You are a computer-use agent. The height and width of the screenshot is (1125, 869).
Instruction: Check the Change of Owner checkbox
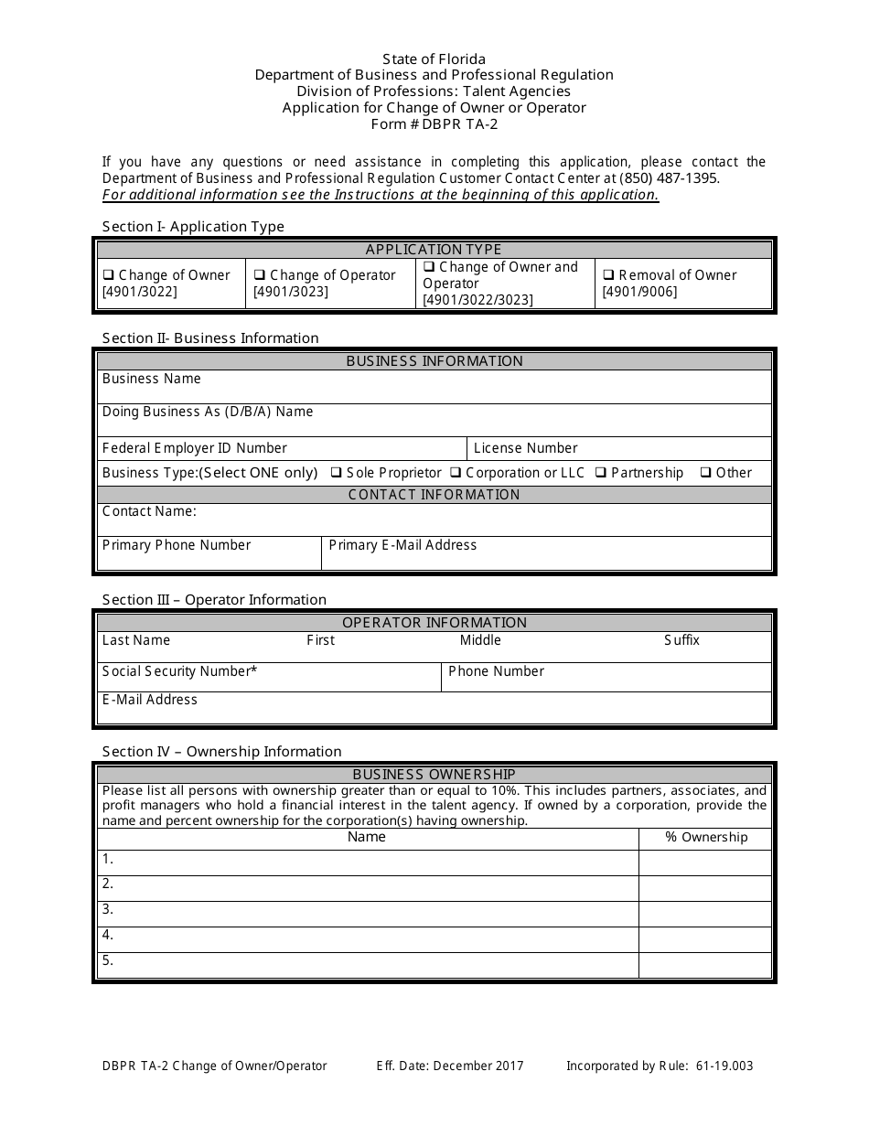coord(108,275)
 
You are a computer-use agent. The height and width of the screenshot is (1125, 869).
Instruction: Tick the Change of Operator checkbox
coord(259,275)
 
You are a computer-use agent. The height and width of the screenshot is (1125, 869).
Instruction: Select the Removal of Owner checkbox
coord(607,275)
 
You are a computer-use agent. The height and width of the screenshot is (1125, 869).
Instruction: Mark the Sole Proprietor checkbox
coord(336,473)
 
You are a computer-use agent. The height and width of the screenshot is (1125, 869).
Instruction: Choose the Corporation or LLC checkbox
coord(455,473)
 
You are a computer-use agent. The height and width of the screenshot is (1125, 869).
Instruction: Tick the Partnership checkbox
coord(600,473)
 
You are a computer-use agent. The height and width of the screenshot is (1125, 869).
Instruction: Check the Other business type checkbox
coord(705,473)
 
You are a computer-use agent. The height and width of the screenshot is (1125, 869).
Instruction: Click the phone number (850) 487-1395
coord(670,178)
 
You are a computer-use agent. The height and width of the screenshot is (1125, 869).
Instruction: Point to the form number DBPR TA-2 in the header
coord(434,124)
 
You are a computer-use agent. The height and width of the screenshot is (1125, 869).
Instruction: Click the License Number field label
coord(525,448)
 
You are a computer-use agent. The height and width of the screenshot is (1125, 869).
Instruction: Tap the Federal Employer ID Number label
coord(194,448)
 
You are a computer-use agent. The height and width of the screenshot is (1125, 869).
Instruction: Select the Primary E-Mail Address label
coord(402,545)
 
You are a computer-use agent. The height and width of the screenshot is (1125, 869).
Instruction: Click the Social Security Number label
coord(179,671)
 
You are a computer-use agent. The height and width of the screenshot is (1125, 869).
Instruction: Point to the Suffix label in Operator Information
coord(681,640)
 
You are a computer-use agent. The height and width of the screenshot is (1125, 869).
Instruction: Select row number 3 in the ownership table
coord(108,909)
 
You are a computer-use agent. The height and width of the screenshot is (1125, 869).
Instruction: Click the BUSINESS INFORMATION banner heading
coord(434,361)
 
